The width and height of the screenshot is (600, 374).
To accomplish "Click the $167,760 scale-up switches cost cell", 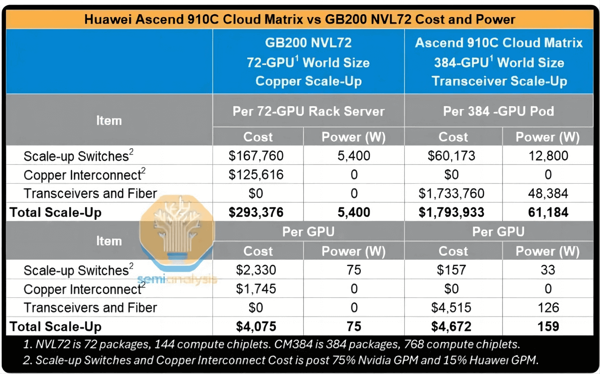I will pos(256,156).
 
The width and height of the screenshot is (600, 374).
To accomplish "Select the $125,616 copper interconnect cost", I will pos(256,175).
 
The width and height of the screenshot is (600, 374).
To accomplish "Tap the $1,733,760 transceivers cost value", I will pos(451,193).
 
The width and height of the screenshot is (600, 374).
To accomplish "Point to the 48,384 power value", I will pos(548,193).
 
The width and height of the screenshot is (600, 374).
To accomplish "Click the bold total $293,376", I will pos(256,212).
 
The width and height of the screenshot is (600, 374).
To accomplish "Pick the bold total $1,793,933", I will pos(451,212).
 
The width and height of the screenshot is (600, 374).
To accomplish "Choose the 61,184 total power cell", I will pos(548,212).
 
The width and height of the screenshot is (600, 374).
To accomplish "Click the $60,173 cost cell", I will pos(451,156).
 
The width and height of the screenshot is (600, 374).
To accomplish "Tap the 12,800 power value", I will pos(548,156).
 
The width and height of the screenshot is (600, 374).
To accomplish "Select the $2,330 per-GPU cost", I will pos(256,270).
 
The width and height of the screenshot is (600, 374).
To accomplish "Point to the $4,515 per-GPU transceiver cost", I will pos(451,308).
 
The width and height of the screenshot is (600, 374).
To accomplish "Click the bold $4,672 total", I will pos(451,327).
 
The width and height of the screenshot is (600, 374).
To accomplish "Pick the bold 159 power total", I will pos(548,327).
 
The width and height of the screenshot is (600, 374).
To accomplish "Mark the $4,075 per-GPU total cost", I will pos(256,327).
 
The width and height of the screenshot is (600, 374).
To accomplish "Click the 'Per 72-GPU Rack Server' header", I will pos(308,111).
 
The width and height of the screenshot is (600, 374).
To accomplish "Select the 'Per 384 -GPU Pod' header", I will pos(498,111).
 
